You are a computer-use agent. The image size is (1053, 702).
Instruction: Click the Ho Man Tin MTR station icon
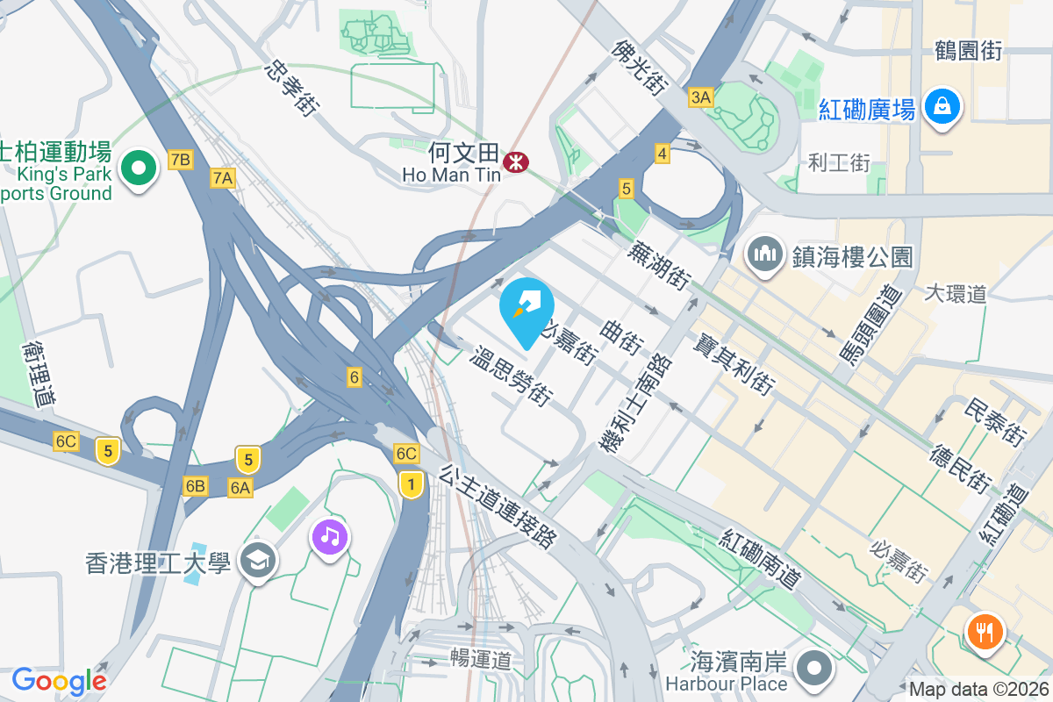(x=515, y=161)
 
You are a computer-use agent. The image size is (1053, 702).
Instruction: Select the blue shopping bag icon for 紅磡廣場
(x=942, y=108)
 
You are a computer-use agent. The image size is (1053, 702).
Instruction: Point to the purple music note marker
(x=329, y=535)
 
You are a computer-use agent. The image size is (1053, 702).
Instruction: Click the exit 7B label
(x=180, y=160)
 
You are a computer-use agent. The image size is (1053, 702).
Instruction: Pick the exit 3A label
(x=700, y=97)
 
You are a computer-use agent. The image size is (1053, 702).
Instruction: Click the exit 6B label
(x=195, y=485)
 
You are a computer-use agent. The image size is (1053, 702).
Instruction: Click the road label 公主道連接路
(x=498, y=508)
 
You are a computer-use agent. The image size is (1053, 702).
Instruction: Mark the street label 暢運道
(x=480, y=658)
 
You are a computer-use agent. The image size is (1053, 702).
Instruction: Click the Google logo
(x=59, y=680)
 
